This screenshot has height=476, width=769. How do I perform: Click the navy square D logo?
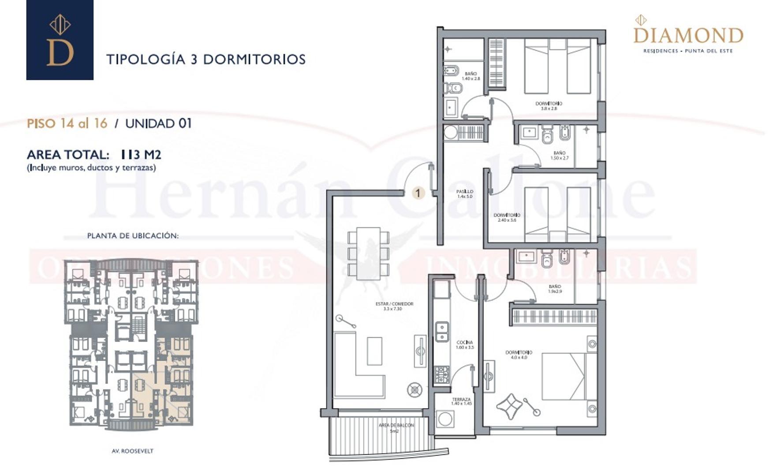pyautogui.click(x=60, y=40)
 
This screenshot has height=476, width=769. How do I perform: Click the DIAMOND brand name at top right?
pyautogui.click(x=688, y=35)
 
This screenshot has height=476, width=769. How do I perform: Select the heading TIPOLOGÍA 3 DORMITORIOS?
pyautogui.click(x=206, y=59)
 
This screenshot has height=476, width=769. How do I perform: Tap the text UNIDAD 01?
pyautogui.click(x=159, y=123)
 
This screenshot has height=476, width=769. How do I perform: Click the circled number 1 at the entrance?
pyautogui.click(x=418, y=193)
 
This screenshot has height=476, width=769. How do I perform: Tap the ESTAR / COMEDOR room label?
pyautogui.click(x=394, y=306)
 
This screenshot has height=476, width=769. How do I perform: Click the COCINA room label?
pyautogui.click(x=465, y=345)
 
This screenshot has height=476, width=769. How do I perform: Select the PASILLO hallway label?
pyautogui.click(x=465, y=194)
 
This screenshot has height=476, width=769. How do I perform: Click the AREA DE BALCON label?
pyautogui.click(x=396, y=428)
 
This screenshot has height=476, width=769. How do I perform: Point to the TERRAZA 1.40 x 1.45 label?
pyautogui.click(x=461, y=401)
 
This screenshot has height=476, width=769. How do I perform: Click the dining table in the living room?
pyautogui.click(x=368, y=253)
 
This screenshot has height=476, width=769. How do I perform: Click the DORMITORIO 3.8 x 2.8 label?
pyautogui.click(x=549, y=106)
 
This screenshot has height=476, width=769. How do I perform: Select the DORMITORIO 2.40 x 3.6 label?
pyautogui.click(x=507, y=217)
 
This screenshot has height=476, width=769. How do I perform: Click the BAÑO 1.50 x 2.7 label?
pyautogui.click(x=559, y=155)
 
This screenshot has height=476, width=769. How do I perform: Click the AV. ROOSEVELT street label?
pyautogui.click(x=132, y=451)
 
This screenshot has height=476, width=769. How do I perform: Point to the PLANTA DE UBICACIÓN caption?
pyautogui.click(x=133, y=236)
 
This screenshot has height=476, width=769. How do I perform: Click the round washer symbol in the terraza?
pyautogui.click(x=445, y=419)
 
